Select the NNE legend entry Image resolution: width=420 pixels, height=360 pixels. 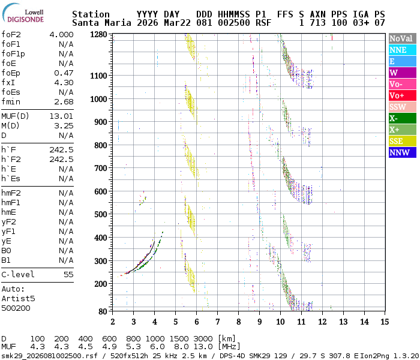pos(401,50)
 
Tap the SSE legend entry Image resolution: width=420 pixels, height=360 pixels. pos(401,142)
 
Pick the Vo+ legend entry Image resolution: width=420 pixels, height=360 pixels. pos(401,96)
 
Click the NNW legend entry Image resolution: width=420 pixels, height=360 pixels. pos(401,153)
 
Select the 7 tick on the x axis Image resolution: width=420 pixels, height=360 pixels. pos(218,322)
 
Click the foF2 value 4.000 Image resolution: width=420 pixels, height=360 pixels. pos(61,35)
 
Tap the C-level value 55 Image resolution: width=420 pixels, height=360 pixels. pos(68,275)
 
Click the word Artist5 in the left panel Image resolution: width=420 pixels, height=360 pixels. pos(18,298)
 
